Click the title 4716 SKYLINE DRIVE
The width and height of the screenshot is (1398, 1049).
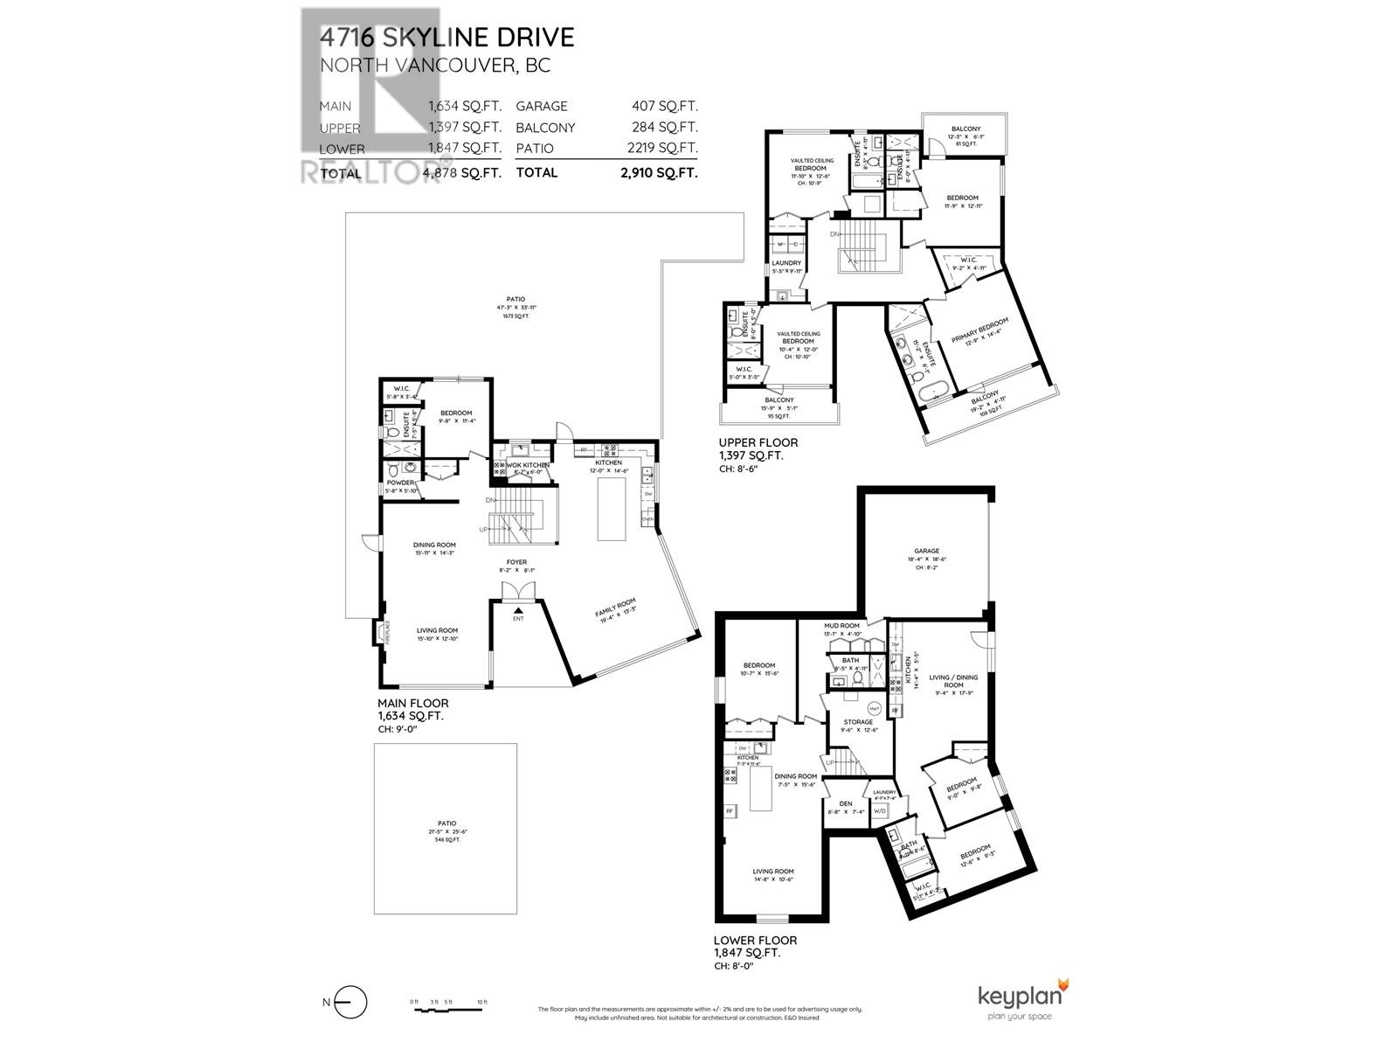coord(446,38)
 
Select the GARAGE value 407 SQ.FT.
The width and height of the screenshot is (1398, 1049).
coord(664,106)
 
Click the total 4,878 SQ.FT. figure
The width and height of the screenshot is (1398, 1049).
coord(461,173)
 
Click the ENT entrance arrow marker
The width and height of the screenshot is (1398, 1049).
coord(518,612)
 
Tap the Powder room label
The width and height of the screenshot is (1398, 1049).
coord(400,483)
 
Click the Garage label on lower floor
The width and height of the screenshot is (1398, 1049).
coord(927,551)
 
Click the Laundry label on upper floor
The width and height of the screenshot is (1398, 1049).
coord(786,263)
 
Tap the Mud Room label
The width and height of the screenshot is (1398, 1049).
coord(841,626)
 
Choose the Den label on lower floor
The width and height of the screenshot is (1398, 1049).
coord(845,803)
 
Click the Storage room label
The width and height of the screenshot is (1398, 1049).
coord(857,722)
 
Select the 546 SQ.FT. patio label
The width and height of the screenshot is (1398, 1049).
coord(446,839)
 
